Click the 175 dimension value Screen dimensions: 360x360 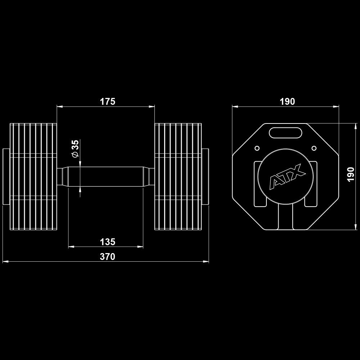point(107,102)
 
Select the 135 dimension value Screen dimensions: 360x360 point(107,242)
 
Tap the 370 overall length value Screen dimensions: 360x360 point(107,257)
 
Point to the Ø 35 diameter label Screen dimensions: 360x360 point(75,148)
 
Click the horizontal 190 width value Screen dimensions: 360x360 point(287,102)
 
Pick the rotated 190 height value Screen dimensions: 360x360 point(351,174)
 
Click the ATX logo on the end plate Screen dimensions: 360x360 point(287,176)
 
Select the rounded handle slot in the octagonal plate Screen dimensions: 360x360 point(285,132)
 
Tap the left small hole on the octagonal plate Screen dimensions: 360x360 point(257,148)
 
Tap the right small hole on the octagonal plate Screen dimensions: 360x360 point(314,148)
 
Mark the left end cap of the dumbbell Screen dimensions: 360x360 point(6,176)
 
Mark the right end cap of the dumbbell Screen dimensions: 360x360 point(205,176)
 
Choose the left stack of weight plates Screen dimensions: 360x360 point(33,176)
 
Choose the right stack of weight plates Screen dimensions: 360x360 point(178,176)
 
